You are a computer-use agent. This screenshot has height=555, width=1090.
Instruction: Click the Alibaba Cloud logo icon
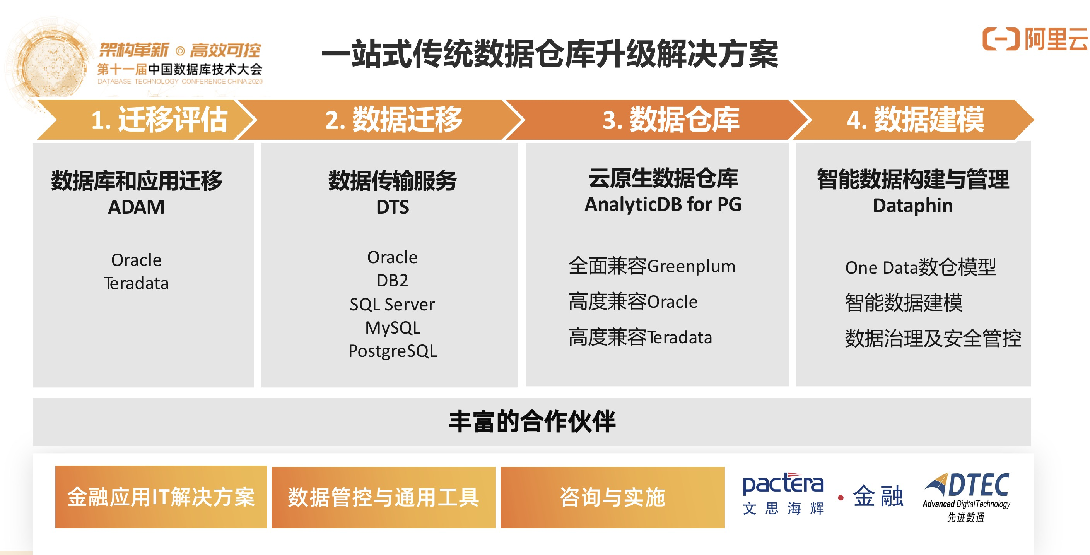(1000, 39)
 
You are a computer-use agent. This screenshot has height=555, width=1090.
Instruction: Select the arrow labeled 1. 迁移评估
(159, 120)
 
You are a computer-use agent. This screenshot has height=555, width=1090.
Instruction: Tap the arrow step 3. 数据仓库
(670, 120)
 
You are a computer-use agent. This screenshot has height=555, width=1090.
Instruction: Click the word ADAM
(136, 207)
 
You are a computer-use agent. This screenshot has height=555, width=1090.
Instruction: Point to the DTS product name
(392, 207)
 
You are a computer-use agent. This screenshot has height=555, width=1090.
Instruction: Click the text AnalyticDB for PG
(663, 204)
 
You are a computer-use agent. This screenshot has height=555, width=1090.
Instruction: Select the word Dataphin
(913, 206)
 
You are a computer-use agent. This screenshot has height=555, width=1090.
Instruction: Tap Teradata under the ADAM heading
(136, 283)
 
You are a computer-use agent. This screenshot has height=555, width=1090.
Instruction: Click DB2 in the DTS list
(392, 281)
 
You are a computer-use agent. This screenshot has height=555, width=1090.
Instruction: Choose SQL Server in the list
(392, 304)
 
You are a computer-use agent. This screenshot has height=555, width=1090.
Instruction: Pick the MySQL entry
(392, 328)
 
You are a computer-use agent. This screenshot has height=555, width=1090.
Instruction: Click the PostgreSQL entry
(392, 351)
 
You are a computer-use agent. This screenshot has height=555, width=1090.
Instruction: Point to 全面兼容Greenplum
(652, 266)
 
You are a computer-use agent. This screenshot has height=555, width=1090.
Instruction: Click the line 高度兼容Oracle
(632, 302)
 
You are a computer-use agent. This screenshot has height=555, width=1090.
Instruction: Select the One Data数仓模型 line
(920, 267)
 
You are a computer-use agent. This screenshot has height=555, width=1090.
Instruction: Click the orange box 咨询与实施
(612, 497)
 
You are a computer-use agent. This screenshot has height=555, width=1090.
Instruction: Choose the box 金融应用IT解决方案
(161, 497)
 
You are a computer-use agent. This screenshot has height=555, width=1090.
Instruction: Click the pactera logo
(783, 493)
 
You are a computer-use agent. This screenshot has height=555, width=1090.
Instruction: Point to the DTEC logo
(967, 495)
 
